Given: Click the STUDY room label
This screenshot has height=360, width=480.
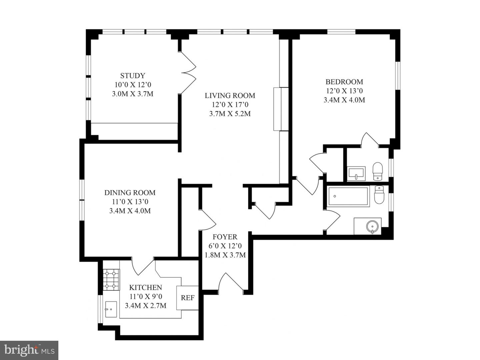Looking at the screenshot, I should click(133, 76).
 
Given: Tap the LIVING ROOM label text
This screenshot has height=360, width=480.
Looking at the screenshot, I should click(230, 96).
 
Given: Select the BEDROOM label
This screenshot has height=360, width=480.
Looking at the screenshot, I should click(344, 82).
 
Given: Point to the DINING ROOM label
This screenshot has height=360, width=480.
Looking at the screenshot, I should click(130, 193).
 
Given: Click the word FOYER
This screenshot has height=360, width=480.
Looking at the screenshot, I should click(225, 237).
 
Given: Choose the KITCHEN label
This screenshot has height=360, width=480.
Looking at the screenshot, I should click(146, 287).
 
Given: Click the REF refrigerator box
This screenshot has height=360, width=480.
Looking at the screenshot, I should click(187, 298).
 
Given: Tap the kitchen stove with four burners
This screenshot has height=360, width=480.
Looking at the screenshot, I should click(111, 279).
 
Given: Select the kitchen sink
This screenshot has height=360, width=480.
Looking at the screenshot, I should click(111, 309).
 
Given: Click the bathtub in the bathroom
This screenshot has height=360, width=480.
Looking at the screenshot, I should click(348, 197).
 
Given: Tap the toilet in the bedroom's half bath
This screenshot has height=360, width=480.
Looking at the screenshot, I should click(377, 171).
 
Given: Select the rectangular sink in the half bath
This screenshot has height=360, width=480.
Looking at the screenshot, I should click(356, 173).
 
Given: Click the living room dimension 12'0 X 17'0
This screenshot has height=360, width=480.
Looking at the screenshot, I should click(230, 105).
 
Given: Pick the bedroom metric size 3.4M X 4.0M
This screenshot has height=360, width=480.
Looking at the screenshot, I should click(344, 100).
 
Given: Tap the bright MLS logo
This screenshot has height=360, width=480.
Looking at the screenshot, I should click(29, 350).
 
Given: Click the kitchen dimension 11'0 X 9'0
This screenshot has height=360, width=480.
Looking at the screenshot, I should click(146, 296).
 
